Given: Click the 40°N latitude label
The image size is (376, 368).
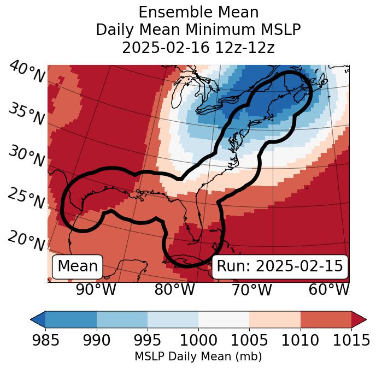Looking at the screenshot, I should coord(26,72).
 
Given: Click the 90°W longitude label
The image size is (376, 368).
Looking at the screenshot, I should coord(96,290).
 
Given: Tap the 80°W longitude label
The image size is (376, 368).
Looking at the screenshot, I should coord(175,290).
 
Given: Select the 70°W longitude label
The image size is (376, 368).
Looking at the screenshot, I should coord(251,290).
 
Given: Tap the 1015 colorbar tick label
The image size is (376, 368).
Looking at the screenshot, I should coord(351,341).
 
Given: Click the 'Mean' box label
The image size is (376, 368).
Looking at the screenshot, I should coord(78,266).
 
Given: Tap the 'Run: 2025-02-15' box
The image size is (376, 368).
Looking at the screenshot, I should coord(280,266).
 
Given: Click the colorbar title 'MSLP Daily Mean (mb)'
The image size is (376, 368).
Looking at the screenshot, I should coord(198,357).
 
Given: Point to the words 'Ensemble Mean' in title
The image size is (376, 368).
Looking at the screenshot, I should coord(198,12).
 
